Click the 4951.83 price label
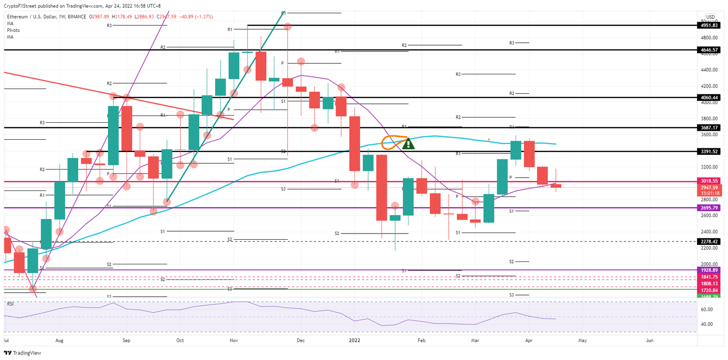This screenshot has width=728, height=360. click(x=710, y=25)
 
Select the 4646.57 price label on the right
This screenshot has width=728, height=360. click(x=710, y=49)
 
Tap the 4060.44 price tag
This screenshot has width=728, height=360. click(x=710, y=97)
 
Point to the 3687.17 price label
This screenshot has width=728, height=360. click(x=710, y=127)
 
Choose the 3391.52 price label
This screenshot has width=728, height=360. click(x=710, y=152)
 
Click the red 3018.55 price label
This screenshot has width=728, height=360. click(x=710, y=181)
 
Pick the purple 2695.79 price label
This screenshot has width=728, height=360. click(x=710, y=207)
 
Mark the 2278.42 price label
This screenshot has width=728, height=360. click(x=710, y=241)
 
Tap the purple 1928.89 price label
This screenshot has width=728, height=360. click(x=710, y=270)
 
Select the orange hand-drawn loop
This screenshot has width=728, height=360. click(x=393, y=142)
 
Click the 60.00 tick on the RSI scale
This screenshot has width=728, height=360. click(x=707, y=309)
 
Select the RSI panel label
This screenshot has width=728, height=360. click(x=10, y=304)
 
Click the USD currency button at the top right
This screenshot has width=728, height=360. click(x=710, y=17)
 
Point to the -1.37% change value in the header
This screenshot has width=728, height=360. click(x=203, y=17)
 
